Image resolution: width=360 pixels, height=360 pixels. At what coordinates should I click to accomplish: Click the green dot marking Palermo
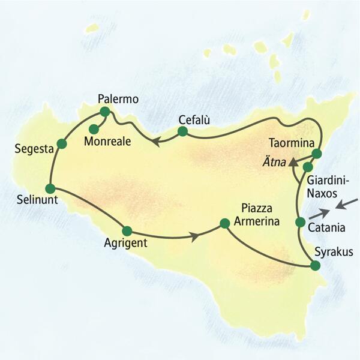tap(105, 112)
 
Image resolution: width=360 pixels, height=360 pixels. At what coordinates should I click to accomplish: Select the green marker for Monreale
tap(94, 128)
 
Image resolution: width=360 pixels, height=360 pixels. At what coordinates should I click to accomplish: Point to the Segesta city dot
tap(61, 143)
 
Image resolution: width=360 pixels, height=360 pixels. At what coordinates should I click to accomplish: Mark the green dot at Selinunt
tap(50, 188)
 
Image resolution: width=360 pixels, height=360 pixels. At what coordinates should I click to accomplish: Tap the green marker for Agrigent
tap(127, 230)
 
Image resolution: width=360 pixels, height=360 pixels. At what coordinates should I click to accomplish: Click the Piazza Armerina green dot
tap(224, 223)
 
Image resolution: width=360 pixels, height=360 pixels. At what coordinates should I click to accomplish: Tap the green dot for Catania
tap(301, 223)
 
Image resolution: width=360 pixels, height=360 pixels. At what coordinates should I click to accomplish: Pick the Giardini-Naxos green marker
tap(307, 167)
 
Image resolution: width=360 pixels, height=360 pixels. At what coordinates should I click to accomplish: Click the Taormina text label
tap(291, 143)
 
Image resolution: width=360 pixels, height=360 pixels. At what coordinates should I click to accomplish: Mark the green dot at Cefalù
tap(183, 131)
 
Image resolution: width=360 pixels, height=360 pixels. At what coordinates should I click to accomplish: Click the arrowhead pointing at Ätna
tap(291, 162)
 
